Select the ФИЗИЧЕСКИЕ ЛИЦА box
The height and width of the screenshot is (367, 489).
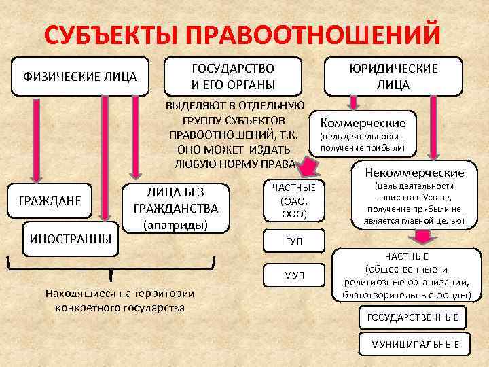click(81, 75)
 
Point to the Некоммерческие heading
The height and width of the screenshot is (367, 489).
click(414, 173)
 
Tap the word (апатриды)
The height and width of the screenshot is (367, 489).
click(176, 224)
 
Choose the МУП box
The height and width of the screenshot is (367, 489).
click(293, 274)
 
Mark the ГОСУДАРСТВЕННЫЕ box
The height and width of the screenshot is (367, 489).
click(412, 317)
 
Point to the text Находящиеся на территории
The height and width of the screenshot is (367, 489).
click(119, 294)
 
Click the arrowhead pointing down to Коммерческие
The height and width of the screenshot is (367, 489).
click(353, 105)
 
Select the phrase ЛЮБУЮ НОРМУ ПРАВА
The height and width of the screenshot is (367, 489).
click(235, 164)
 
